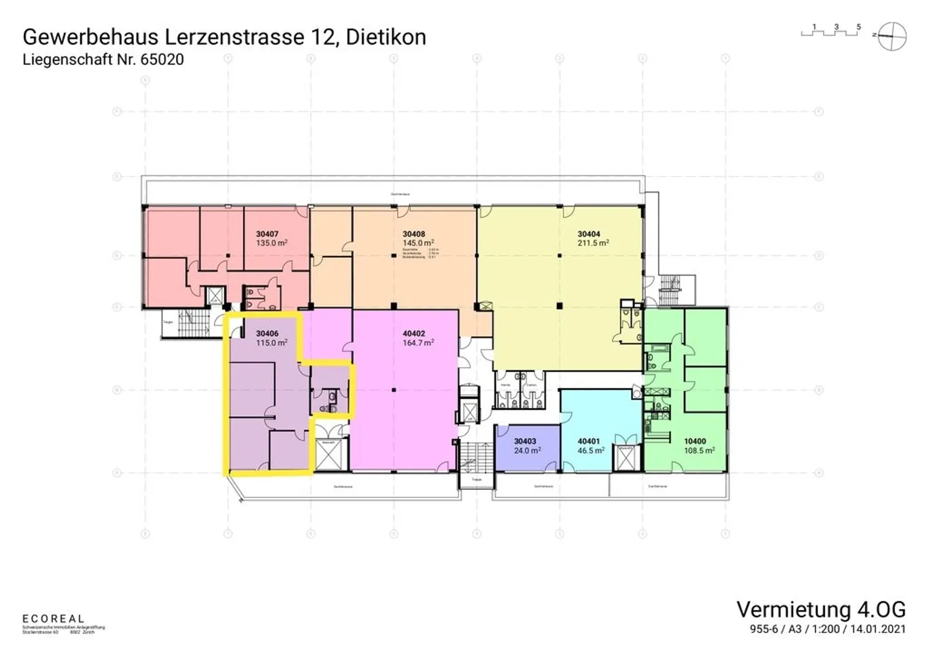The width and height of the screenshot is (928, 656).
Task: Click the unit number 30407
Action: [x=268, y=234]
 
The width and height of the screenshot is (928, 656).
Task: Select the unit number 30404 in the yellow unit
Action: [x=589, y=234]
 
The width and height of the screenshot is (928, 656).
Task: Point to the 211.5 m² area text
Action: [x=594, y=243]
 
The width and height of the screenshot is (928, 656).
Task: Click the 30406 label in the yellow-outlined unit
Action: [x=267, y=334]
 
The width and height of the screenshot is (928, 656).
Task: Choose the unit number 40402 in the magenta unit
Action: [x=414, y=334]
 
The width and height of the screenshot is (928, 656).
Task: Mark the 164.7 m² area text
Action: [x=418, y=343]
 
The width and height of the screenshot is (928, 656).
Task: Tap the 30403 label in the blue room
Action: [x=525, y=441]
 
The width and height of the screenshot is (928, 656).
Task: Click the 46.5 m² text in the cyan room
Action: [x=591, y=450]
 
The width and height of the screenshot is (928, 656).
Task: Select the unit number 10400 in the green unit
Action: [x=695, y=441]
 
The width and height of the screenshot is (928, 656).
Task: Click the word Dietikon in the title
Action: [x=386, y=37]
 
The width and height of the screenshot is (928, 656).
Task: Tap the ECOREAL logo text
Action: [x=53, y=619]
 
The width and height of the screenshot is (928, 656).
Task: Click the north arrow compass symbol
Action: [x=893, y=35]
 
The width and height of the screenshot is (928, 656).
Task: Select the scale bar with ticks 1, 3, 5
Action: [x=831, y=31]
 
